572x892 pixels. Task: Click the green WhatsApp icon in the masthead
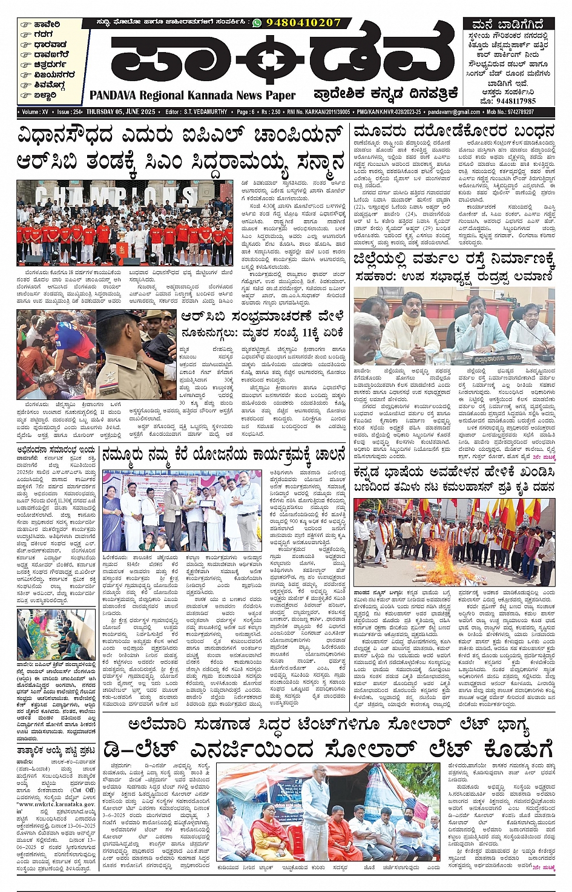257,22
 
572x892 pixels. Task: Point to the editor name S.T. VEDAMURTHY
205,112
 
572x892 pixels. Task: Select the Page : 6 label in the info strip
245,112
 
